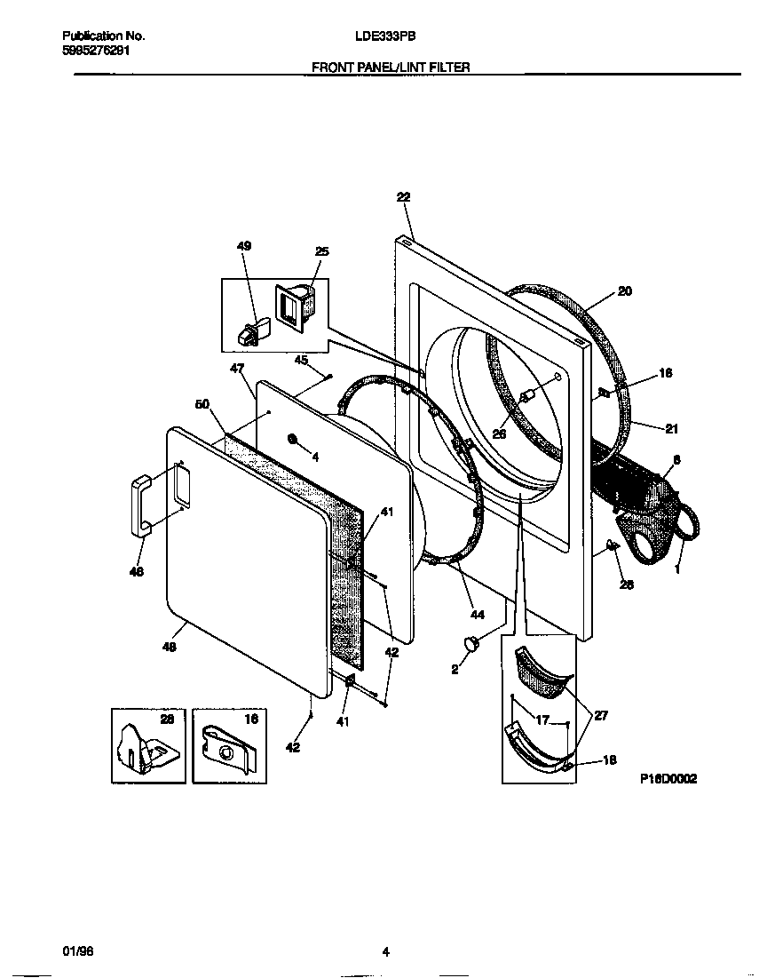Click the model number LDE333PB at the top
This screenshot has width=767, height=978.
(385, 36)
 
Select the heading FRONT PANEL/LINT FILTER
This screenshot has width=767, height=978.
(391, 67)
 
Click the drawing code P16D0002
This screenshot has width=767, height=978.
(668, 778)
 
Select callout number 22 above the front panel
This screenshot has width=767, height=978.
(403, 197)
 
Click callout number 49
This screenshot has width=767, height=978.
(244, 246)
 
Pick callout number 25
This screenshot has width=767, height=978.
(321, 252)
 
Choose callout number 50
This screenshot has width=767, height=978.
(202, 404)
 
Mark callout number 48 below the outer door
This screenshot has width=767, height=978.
(169, 648)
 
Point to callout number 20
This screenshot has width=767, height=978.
(624, 290)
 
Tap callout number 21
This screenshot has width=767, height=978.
(671, 429)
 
